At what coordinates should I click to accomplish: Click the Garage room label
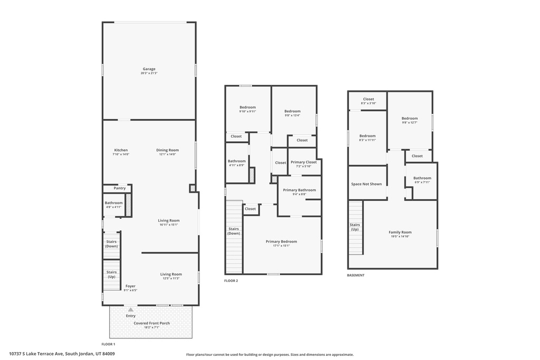(149, 69)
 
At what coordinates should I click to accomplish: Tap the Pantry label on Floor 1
(120, 188)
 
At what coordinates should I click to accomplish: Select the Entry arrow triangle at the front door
(131, 309)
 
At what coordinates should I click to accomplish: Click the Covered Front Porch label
(151, 323)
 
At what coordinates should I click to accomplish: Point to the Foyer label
(130, 286)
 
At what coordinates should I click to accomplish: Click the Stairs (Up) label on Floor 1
(111, 274)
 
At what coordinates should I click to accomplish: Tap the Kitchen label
(121, 150)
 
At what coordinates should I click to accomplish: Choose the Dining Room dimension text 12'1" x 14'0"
(167, 154)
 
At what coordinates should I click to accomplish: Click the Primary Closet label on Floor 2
(303, 162)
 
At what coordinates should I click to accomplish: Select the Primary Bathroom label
(300, 190)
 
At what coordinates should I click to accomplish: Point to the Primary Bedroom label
(281, 241)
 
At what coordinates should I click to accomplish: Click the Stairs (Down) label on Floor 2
(234, 231)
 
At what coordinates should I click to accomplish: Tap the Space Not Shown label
(367, 184)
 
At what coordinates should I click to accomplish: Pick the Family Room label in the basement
(400, 232)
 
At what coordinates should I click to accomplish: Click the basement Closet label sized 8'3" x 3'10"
(369, 99)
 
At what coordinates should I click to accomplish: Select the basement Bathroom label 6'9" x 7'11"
(422, 178)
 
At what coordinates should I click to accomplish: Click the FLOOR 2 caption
(231, 281)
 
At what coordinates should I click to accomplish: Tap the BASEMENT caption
(356, 275)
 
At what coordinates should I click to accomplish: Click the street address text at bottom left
(62, 354)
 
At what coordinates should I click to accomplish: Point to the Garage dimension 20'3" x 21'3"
(149, 73)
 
